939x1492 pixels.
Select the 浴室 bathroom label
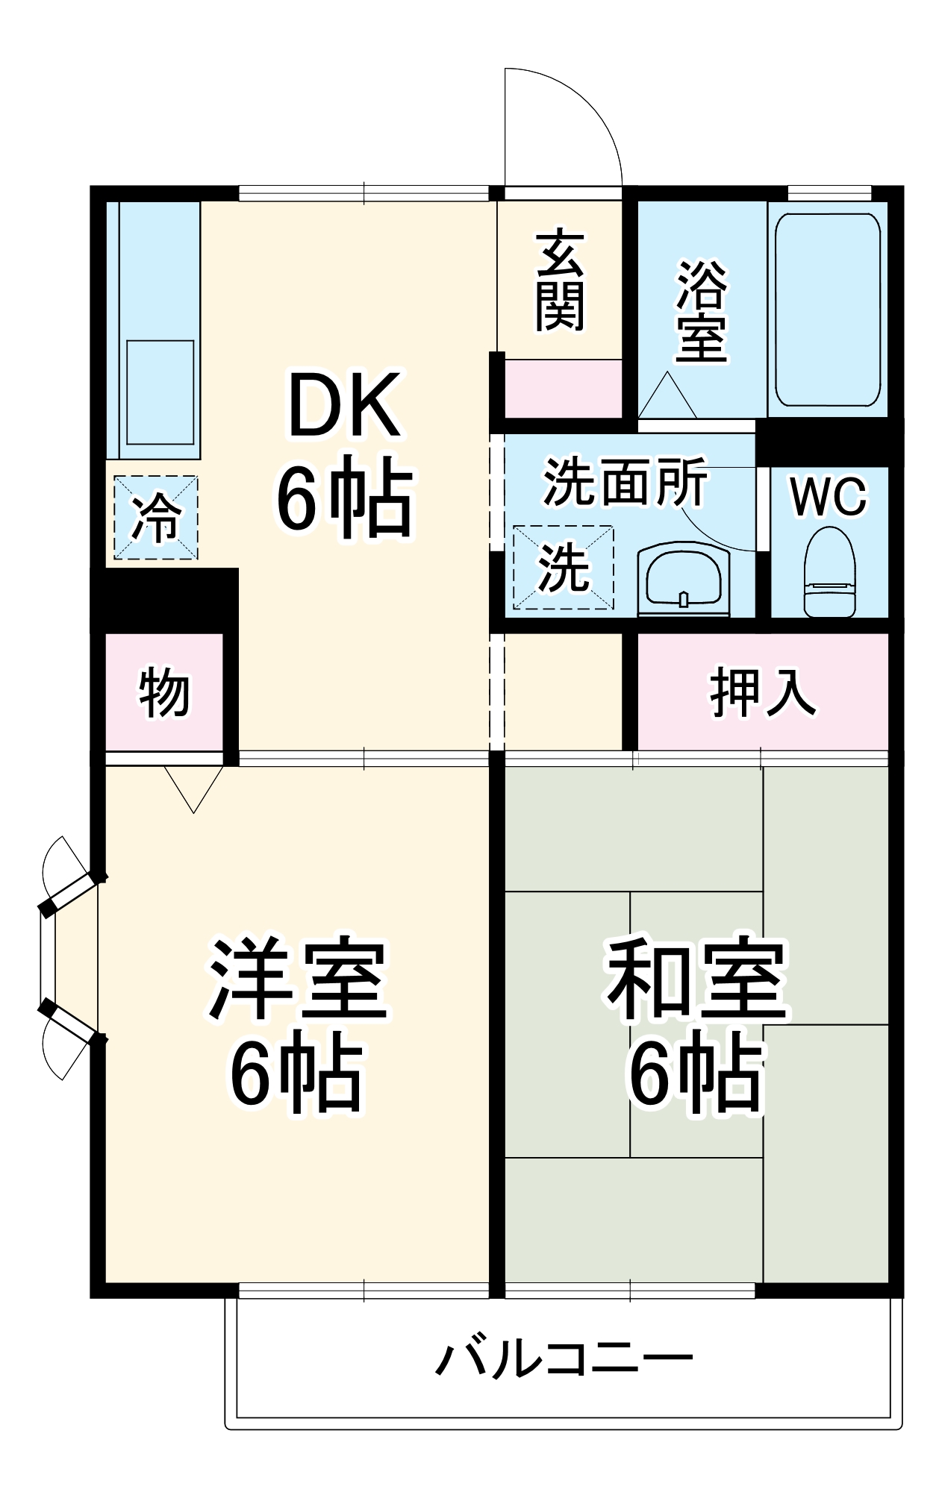pyautogui.click(x=701, y=310)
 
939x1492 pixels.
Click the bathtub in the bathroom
pyautogui.click(x=828, y=310)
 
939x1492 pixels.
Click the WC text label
pyautogui.click(x=829, y=495)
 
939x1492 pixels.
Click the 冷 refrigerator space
pyautogui.click(x=156, y=518)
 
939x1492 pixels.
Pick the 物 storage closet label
pyautogui.click(x=163, y=692)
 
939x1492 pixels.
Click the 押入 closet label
pyautogui.click(x=762, y=692)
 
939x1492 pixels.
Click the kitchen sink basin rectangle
pyautogui.click(x=160, y=392)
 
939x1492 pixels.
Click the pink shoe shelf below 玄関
pyautogui.click(x=564, y=388)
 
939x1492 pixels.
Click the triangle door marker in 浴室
pyautogui.click(x=667, y=398)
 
